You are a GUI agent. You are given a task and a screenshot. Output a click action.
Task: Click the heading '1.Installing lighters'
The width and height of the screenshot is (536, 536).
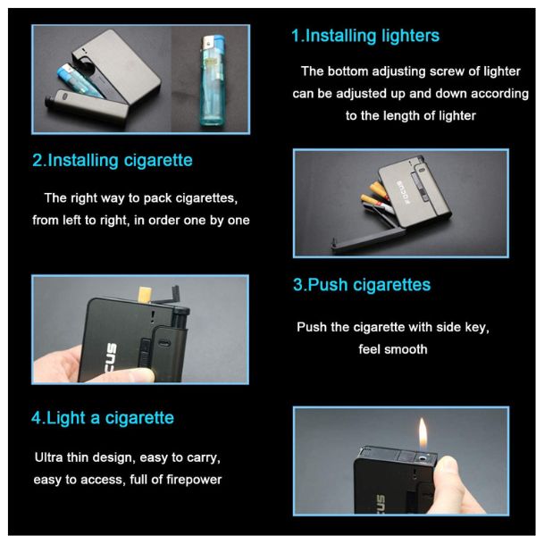[x=365, y=36]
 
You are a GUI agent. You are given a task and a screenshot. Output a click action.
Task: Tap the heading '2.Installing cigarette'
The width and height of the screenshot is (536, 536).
[x=113, y=160]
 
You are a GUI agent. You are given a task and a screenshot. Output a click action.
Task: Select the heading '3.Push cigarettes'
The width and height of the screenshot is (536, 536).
[x=362, y=285]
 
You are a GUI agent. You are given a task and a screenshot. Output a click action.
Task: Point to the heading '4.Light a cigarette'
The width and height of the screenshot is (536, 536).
[x=103, y=418]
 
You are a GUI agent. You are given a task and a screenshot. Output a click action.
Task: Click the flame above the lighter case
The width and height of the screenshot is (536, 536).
[x=423, y=433]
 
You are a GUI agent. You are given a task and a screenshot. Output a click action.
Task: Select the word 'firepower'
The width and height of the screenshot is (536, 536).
[x=194, y=480]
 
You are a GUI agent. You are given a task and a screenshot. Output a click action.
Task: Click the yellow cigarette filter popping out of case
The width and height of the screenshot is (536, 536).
[x=144, y=294]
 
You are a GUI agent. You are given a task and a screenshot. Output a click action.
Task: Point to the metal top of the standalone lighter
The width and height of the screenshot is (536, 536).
[x=211, y=43]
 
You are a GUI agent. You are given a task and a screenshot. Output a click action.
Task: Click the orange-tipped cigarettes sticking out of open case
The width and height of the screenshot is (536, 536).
[x=375, y=194]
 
